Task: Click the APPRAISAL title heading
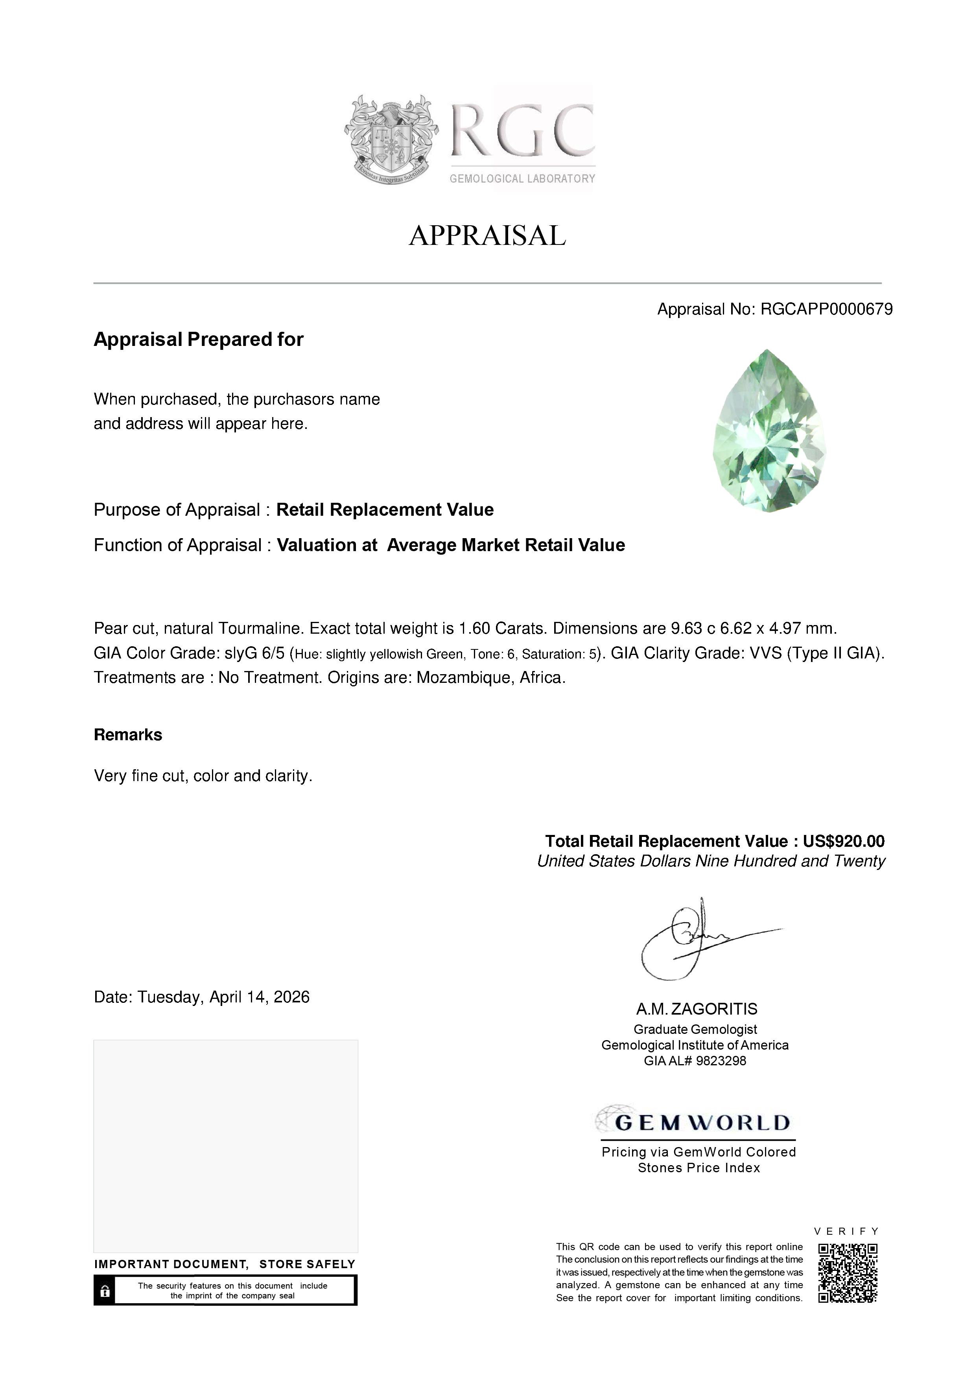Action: click(487, 235)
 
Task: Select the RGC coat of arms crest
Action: click(391, 139)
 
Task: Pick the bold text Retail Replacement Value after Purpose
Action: click(385, 510)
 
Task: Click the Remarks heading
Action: click(128, 735)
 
